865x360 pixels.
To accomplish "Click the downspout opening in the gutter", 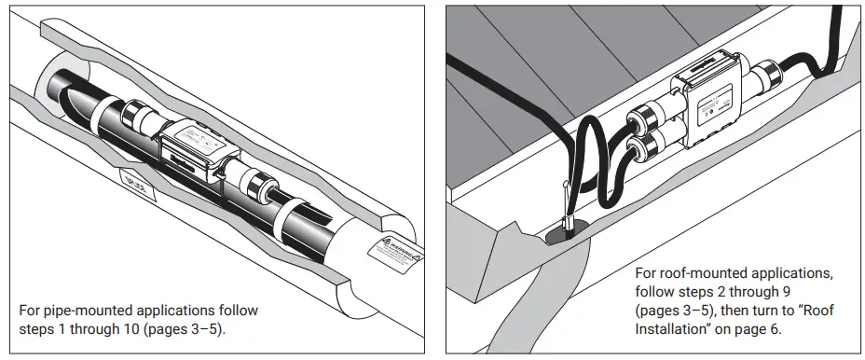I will tap(567, 231).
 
